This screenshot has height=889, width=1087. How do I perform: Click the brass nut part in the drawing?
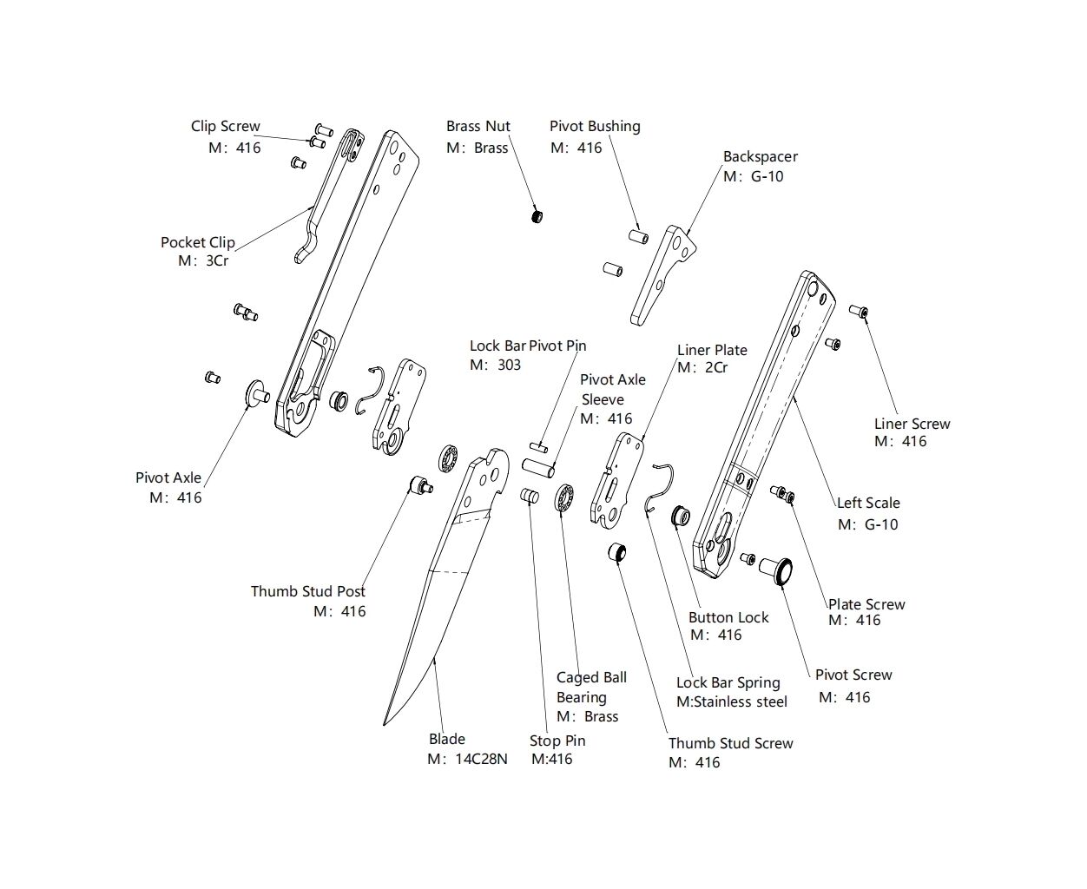(537, 214)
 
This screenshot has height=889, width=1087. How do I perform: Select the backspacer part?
(662, 273)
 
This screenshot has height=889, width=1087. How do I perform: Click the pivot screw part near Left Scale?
(775, 568)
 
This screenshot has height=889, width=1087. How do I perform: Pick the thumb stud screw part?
(616, 552)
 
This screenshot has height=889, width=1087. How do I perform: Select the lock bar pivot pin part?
(537, 447)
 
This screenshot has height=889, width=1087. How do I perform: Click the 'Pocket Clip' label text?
(198, 242)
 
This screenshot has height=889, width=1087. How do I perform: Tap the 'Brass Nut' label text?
(478, 127)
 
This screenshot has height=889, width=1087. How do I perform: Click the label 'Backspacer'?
(761, 157)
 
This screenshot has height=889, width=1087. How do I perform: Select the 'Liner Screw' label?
(912, 424)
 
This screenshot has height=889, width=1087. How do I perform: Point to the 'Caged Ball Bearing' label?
(591, 688)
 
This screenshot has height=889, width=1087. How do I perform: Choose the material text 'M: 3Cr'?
(203, 260)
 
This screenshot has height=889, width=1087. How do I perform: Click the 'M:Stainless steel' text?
(732, 701)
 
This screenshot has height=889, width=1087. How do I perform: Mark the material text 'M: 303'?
(496, 365)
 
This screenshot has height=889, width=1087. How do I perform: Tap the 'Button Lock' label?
(728, 618)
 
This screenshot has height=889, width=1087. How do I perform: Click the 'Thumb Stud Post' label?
(308, 591)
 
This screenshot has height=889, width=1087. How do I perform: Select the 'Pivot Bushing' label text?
(595, 127)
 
